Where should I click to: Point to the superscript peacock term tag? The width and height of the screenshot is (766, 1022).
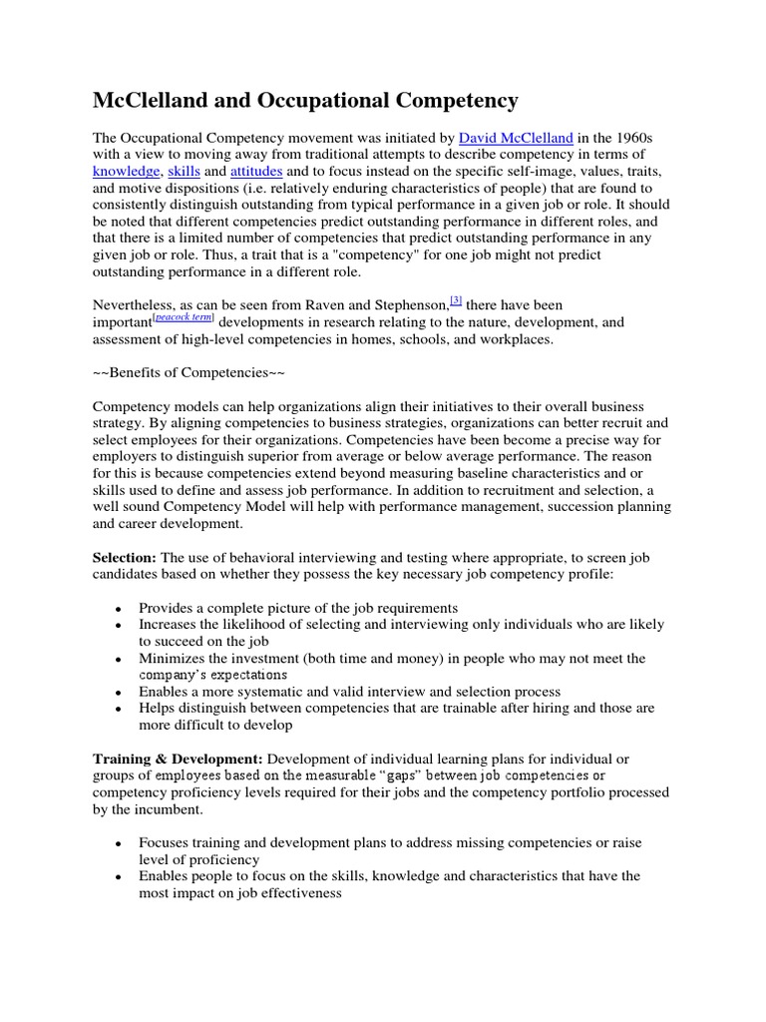coord(183,317)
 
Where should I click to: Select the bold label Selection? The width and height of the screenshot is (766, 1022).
coord(125,557)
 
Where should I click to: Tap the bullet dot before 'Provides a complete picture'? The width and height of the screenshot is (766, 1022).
coord(119,609)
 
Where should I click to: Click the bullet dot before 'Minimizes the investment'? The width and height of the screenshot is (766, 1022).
coord(119,660)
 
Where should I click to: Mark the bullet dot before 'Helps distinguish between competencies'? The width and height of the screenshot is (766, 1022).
coord(119,709)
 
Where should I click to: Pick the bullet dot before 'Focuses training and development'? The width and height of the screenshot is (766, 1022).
coord(119,844)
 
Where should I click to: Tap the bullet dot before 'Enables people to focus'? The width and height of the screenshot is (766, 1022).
coord(119,877)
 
